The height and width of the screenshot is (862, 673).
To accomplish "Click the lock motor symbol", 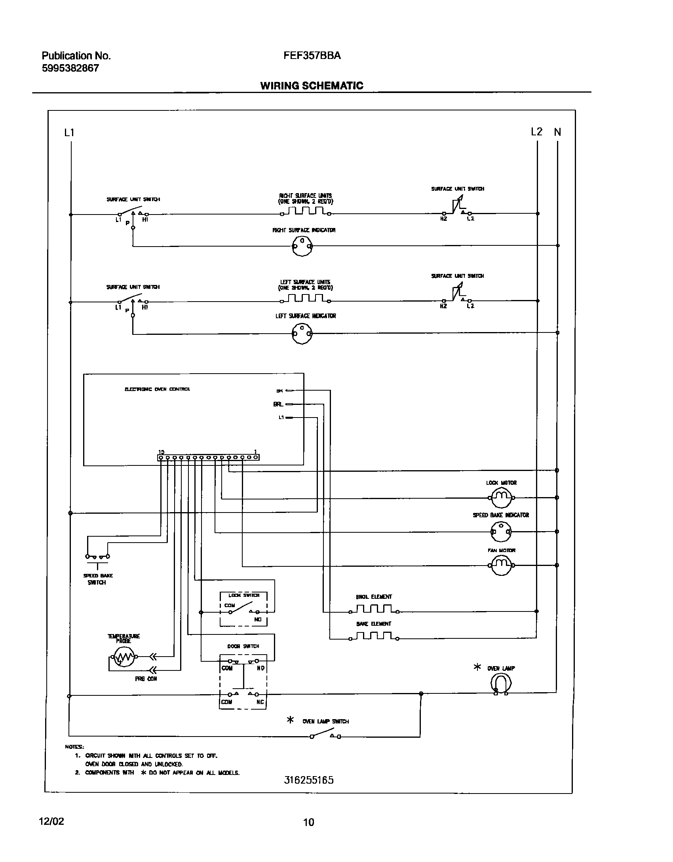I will pos(502,497).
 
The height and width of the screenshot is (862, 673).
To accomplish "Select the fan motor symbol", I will pos(502,565).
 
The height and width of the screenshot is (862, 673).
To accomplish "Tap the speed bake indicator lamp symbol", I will pos(501,532).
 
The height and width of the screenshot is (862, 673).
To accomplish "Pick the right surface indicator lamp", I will pos(302,246).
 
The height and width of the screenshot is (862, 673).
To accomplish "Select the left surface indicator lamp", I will pos(302,333).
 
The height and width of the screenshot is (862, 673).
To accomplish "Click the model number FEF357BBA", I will pos(312,56).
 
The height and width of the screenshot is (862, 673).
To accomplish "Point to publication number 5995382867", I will pos(70,68).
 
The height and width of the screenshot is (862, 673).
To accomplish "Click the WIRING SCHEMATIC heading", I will pos(312,86).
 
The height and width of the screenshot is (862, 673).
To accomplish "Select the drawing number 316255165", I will pos(309,780).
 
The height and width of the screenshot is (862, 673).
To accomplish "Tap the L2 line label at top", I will pos(536,132).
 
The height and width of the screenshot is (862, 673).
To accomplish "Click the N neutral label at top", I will pos(557,132).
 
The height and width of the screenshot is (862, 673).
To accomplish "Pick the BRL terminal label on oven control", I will pos(278,404).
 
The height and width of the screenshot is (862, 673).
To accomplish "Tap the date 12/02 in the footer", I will pos(51,821).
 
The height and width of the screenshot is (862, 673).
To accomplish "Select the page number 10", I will pos(308,822).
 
